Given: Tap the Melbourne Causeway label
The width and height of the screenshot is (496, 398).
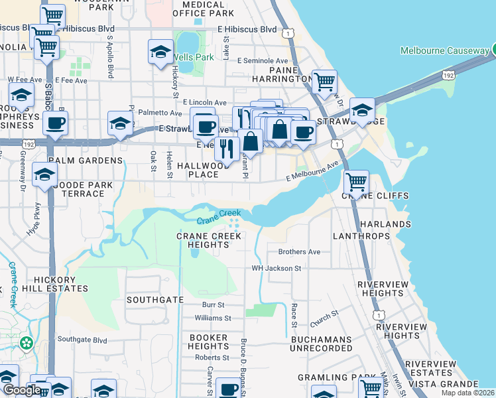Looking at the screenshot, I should tap(444, 51).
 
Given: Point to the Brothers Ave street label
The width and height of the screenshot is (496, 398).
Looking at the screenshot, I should tap(299, 252).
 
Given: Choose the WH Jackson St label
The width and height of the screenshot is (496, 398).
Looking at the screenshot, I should tap(277, 269).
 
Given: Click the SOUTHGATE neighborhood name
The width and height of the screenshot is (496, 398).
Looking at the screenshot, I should tap(155, 300).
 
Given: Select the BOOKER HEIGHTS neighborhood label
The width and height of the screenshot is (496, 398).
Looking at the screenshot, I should tap(208, 342).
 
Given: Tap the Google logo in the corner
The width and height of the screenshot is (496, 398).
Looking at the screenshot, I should tap(22, 391).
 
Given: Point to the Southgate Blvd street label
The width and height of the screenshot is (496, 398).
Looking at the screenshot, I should tap(82, 340).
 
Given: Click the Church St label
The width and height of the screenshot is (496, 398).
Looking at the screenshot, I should tap(324, 318).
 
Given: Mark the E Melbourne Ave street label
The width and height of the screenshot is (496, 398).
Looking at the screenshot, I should tap(312, 172).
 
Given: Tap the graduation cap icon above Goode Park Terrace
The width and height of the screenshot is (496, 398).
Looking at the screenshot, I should tap(44, 174).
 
